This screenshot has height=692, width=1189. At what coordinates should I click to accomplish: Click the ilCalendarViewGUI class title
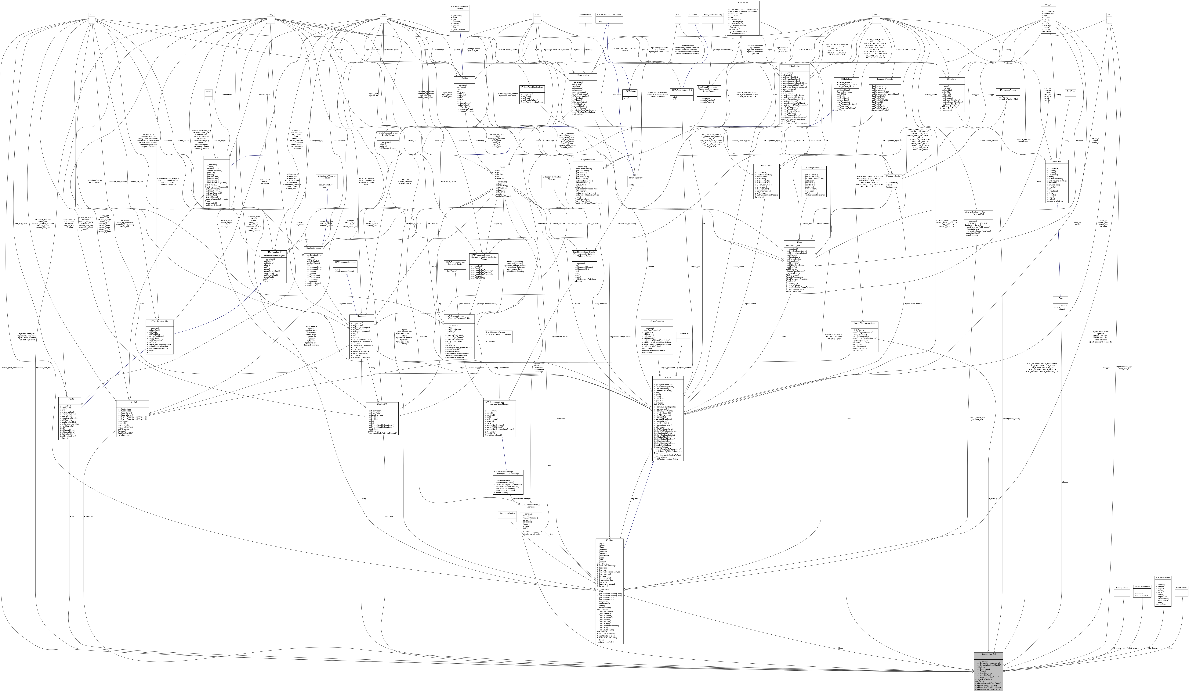(988, 654)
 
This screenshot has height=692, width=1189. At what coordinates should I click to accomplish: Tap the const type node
(876, 15)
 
